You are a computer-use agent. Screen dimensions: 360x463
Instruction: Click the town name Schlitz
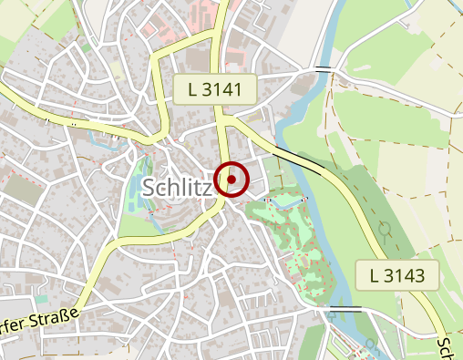(178, 187)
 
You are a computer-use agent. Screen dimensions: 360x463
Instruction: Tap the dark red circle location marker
(231, 180)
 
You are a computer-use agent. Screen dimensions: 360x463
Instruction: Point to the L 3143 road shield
(398, 275)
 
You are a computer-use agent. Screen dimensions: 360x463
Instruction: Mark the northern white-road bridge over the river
(322, 68)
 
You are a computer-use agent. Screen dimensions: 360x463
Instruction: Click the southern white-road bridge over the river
(346, 309)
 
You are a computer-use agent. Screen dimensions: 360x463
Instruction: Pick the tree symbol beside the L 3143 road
(385, 227)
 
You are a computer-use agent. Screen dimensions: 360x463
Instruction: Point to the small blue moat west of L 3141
(101, 140)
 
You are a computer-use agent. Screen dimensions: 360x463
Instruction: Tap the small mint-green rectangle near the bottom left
(41, 298)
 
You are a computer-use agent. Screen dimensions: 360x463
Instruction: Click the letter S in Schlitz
(150, 187)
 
